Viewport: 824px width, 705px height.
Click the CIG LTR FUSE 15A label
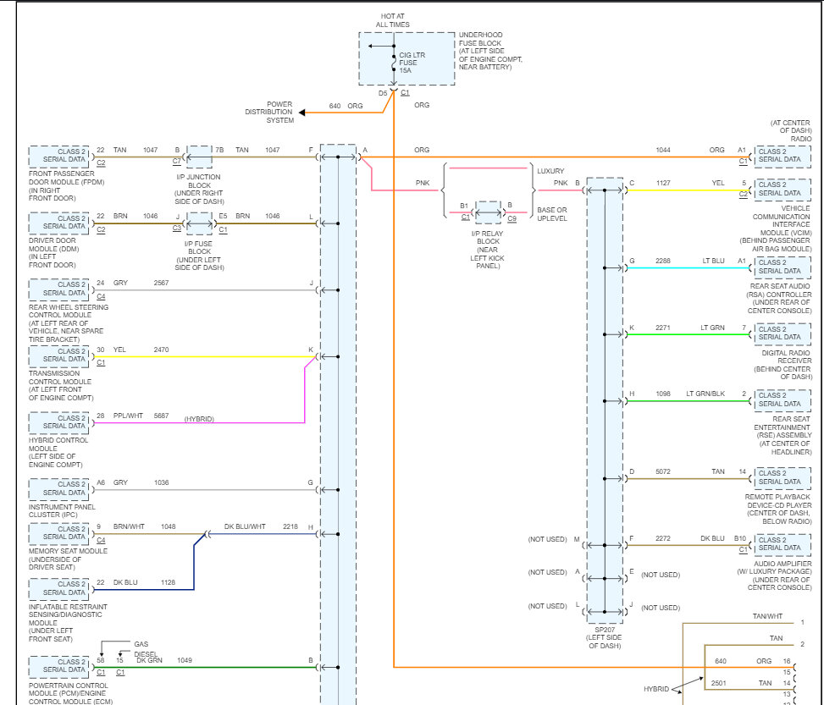tap(412, 63)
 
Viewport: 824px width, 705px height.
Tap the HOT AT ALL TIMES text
tap(393, 20)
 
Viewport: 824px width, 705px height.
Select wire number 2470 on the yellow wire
tap(161, 349)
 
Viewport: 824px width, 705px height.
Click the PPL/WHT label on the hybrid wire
tap(130, 416)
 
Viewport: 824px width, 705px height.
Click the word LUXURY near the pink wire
tap(550, 171)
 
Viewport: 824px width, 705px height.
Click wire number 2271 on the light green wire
tap(662, 327)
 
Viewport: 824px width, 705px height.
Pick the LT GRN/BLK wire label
tap(705, 394)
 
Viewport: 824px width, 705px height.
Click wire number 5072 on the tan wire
tap(662, 471)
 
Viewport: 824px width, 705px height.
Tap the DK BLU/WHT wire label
tap(245, 526)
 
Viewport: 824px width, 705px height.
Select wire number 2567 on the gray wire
tap(161, 282)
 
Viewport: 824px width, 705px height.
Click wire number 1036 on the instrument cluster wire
tap(161, 482)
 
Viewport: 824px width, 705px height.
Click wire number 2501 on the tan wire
tap(719, 682)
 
